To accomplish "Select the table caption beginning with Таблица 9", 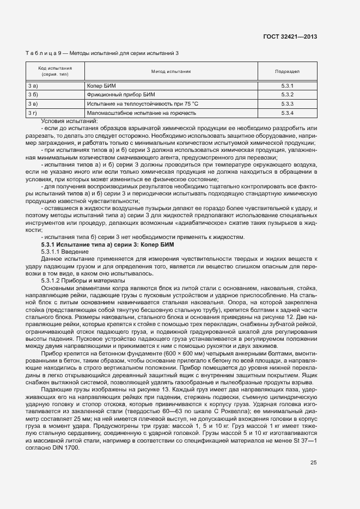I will pos(102,53).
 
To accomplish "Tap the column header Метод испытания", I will pos(170,71).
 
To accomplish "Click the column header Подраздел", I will pos(288,71).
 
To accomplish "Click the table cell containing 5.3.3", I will pos(288,103).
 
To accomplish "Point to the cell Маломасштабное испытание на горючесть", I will pos(141,113).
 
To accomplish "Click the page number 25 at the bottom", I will pos(314,463).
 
